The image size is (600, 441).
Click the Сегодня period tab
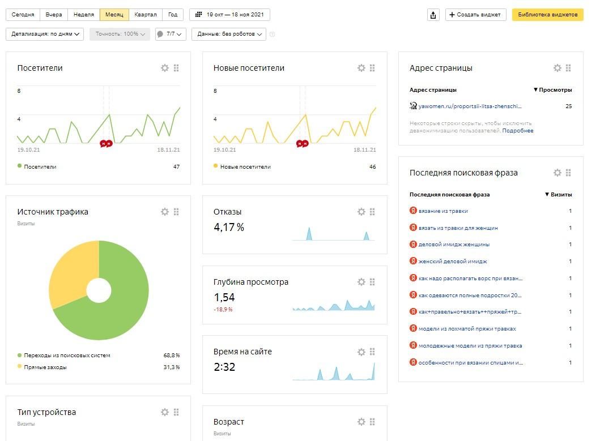click(x=23, y=15)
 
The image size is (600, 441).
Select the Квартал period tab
click(x=146, y=15)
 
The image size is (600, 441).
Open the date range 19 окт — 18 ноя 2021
click(x=229, y=15)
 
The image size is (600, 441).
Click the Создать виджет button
click(x=476, y=15)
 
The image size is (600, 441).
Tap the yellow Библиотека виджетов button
click(x=547, y=15)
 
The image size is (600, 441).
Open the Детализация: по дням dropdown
click(x=45, y=34)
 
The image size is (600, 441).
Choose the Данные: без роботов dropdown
click(x=228, y=34)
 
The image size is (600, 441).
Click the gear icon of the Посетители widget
click(x=165, y=68)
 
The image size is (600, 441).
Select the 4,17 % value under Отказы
click(x=229, y=228)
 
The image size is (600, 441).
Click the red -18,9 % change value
click(x=223, y=310)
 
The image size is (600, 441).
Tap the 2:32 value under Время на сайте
click(x=224, y=367)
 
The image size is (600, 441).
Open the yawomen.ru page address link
click(x=469, y=106)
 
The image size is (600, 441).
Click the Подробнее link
click(x=517, y=131)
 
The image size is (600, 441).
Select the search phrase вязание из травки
click(x=443, y=211)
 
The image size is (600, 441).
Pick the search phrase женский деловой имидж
click(x=452, y=262)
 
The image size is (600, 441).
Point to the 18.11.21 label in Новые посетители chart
click(x=365, y=150)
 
